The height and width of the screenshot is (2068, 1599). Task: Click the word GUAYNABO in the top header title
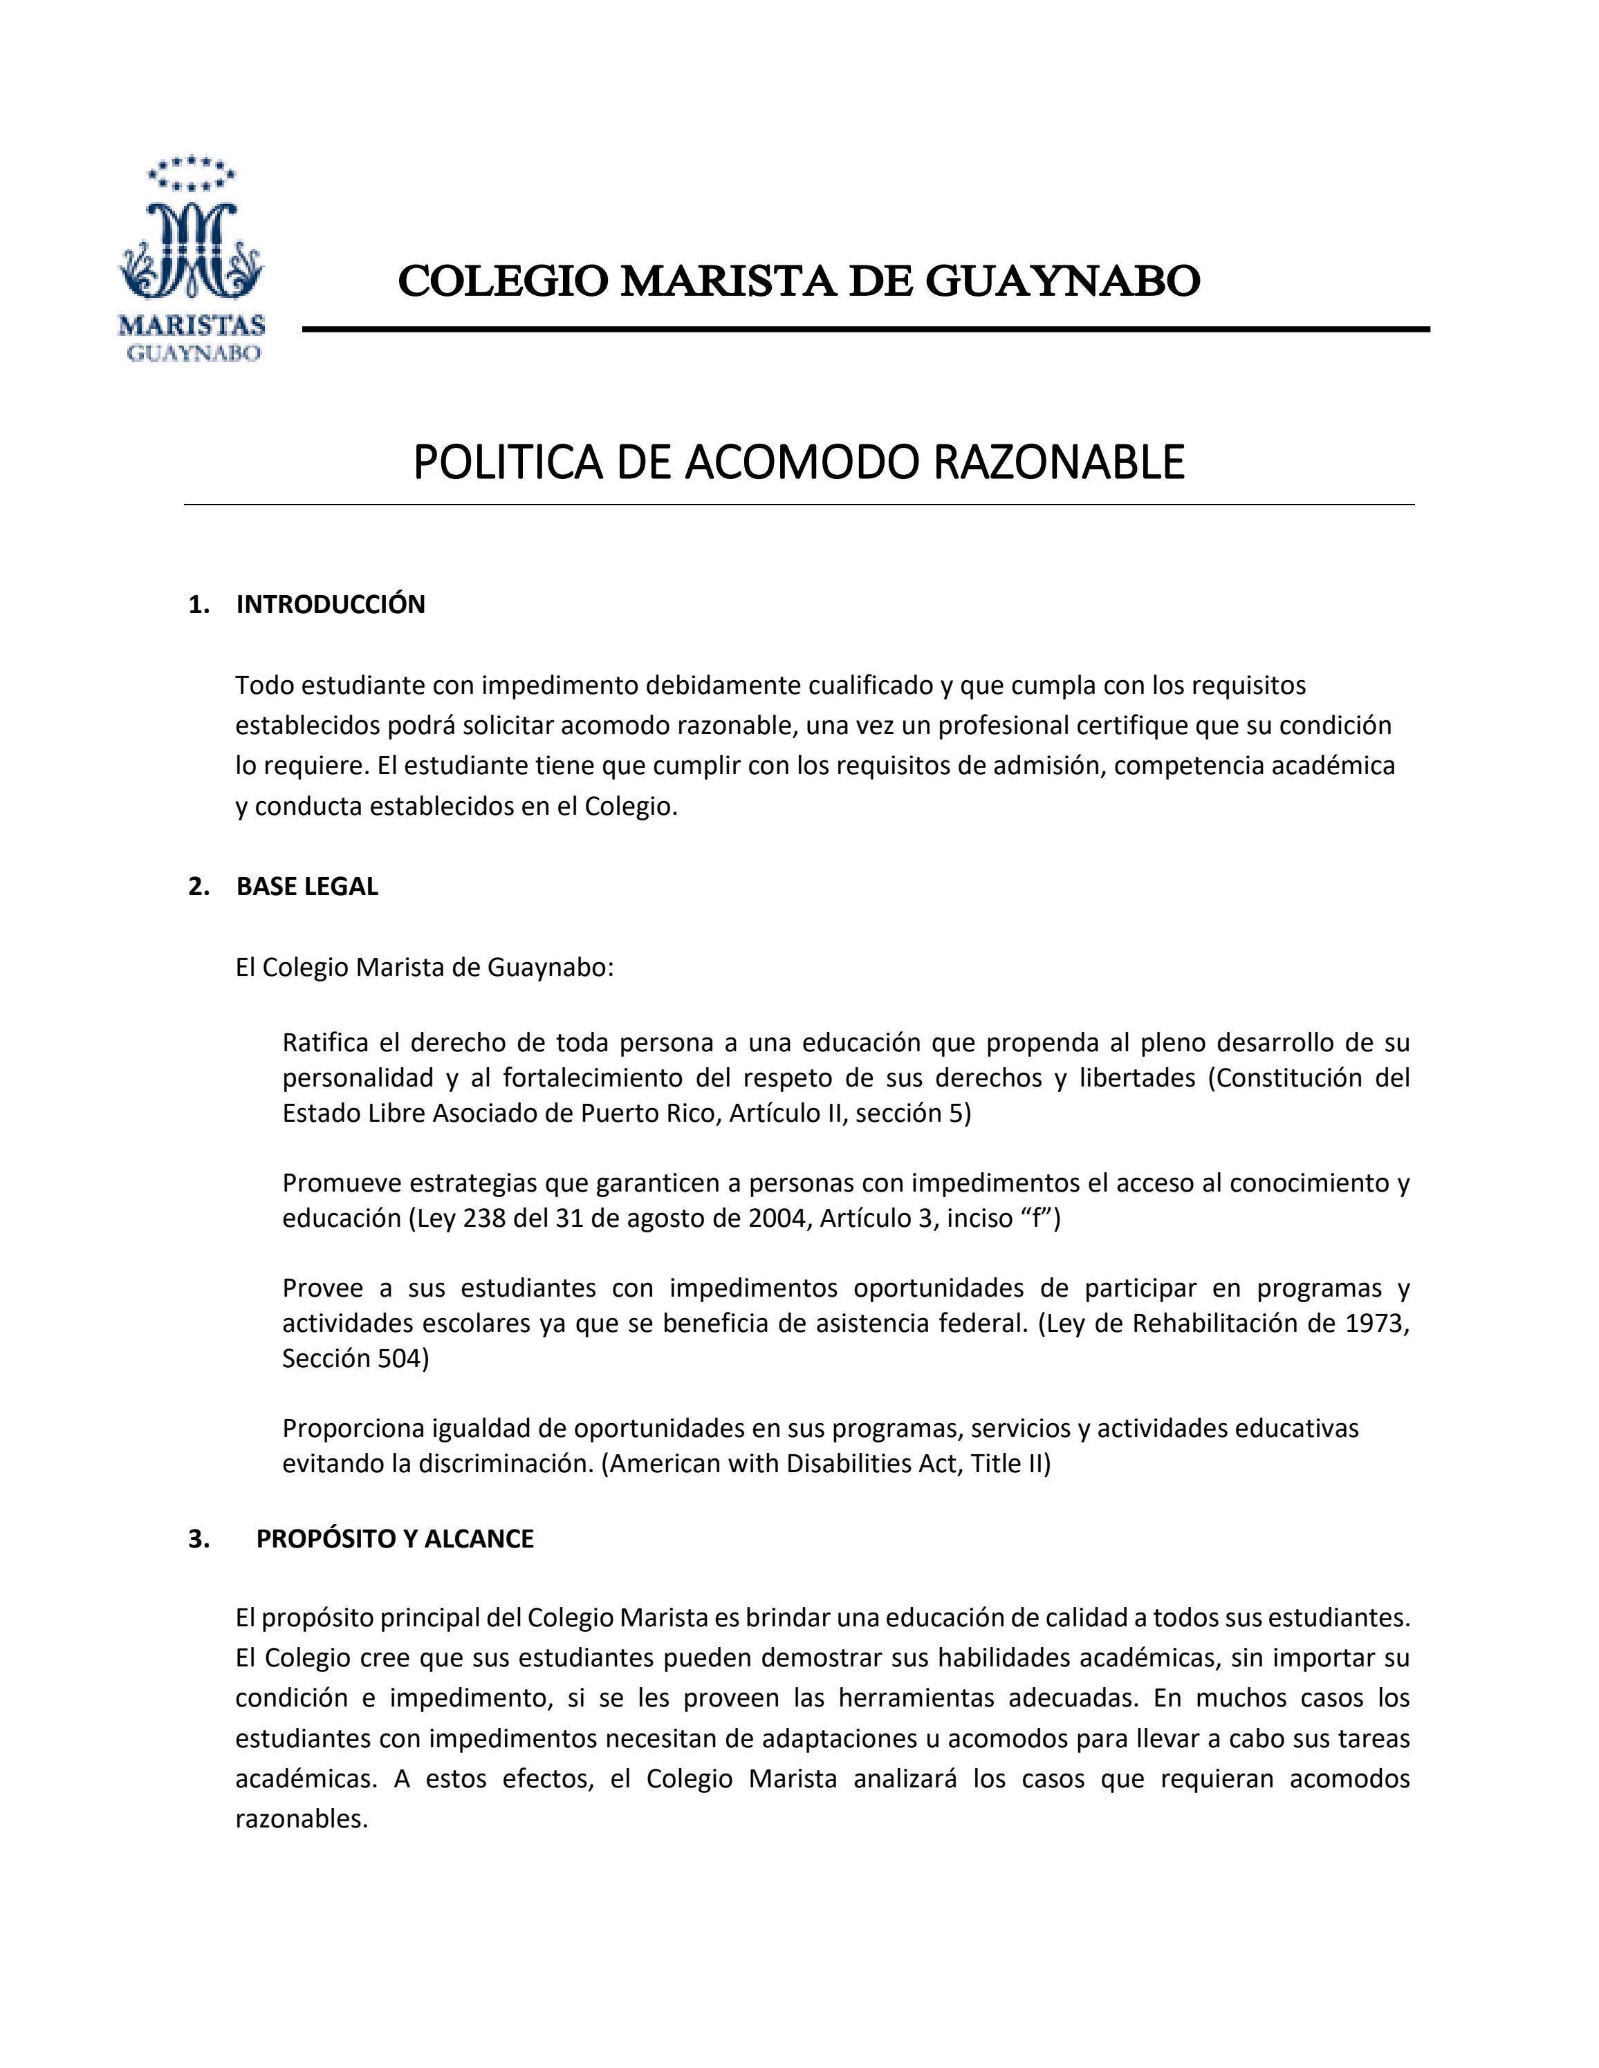pos(1062,281)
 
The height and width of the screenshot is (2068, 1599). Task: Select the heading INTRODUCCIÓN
pos(331,605)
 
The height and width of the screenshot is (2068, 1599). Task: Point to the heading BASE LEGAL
pos(307,886)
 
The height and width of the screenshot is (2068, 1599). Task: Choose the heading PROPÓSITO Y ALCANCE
pos(395,1539)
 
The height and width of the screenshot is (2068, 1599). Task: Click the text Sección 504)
pos(355,1359)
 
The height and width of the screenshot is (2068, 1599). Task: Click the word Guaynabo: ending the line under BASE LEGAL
pos(551,968)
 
